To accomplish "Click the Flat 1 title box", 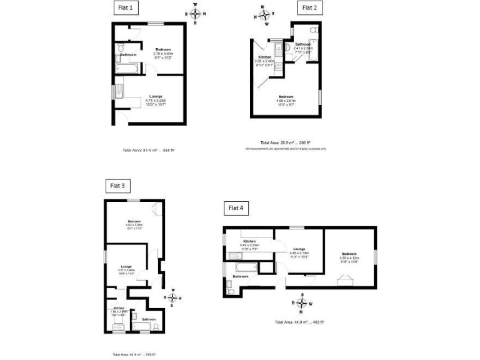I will (126, 7).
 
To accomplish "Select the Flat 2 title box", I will (309, 7).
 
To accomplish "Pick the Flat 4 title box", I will (237, 207).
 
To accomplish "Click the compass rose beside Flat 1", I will (196, 14).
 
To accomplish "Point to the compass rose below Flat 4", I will (302, 304).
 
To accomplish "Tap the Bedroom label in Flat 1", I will (163, 49).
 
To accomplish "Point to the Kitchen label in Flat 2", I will (265, 57).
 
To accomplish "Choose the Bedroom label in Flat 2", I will (286, 96).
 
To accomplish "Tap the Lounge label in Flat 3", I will (126, 266).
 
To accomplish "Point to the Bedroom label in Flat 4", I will (349, 254).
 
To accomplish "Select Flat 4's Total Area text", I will (299, 322).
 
